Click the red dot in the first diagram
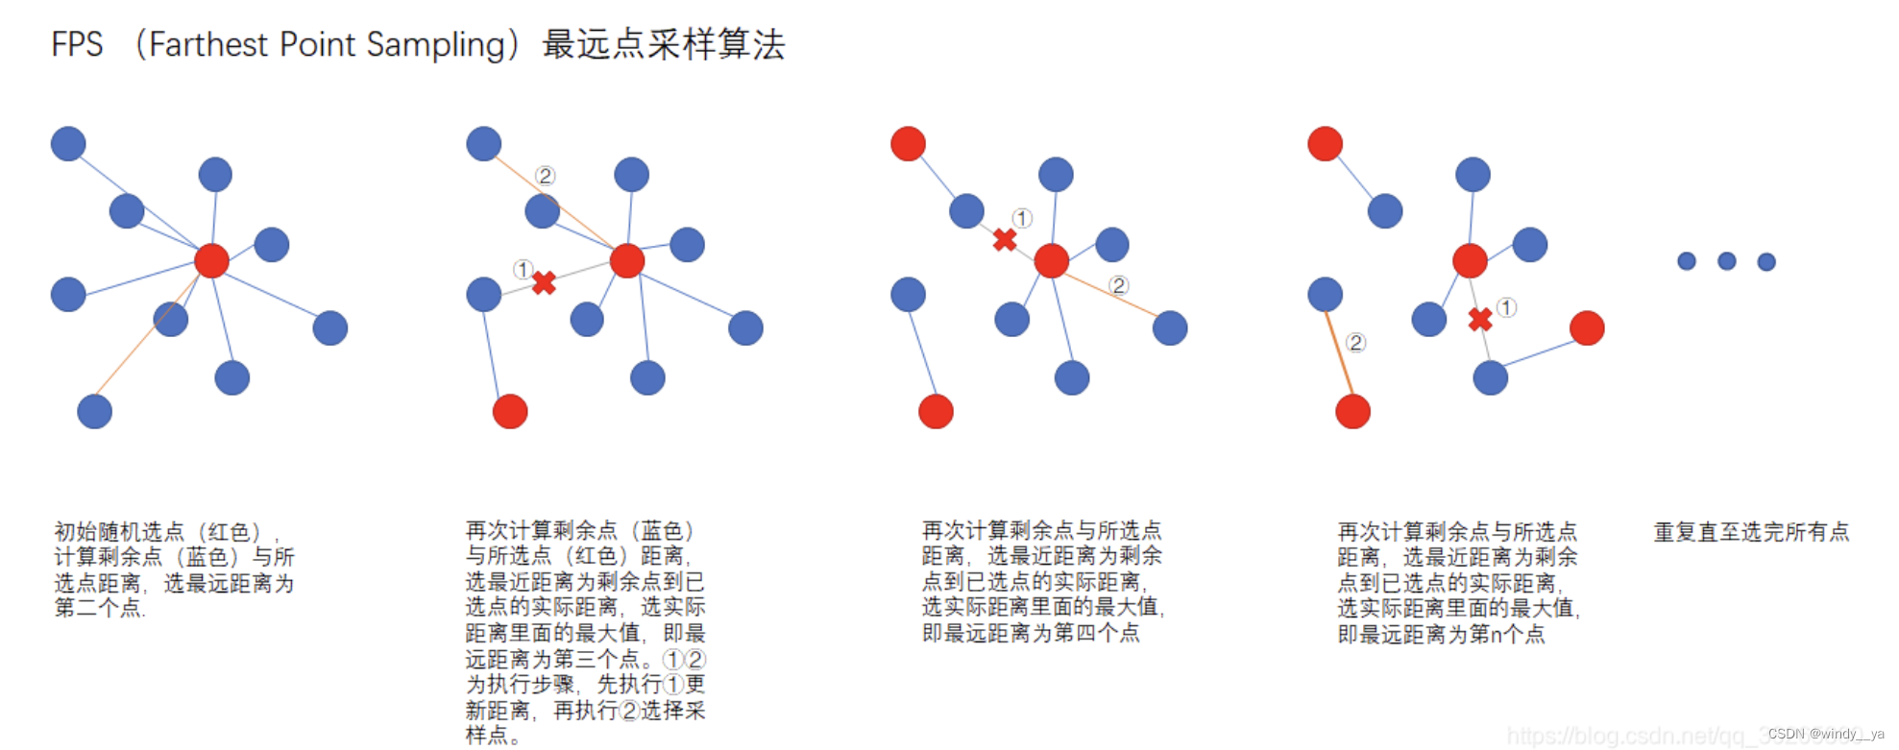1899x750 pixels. coord(211,260)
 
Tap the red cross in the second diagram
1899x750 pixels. coord(544,282)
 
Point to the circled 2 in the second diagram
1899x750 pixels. coord(546,176)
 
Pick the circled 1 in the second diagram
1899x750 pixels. coord(522,269)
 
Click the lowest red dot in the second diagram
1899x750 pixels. coord(510,411)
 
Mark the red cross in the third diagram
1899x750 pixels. coord(1005,239)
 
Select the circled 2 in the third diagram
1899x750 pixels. coord(1118,285)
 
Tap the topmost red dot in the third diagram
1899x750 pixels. coord(908,143)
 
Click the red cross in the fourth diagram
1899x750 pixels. coord(1480,319)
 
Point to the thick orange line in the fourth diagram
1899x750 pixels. coord(1339,352)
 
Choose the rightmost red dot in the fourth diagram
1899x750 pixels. coord(1587,327)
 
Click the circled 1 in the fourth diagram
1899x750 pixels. coord(1506,307)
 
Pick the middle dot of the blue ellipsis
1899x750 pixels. coord(1726,261)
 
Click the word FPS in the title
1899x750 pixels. coord(77,44)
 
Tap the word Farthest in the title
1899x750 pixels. coord(208,44)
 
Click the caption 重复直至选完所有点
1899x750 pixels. coord(1751,532)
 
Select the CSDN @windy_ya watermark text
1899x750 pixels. coord(1825,734)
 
